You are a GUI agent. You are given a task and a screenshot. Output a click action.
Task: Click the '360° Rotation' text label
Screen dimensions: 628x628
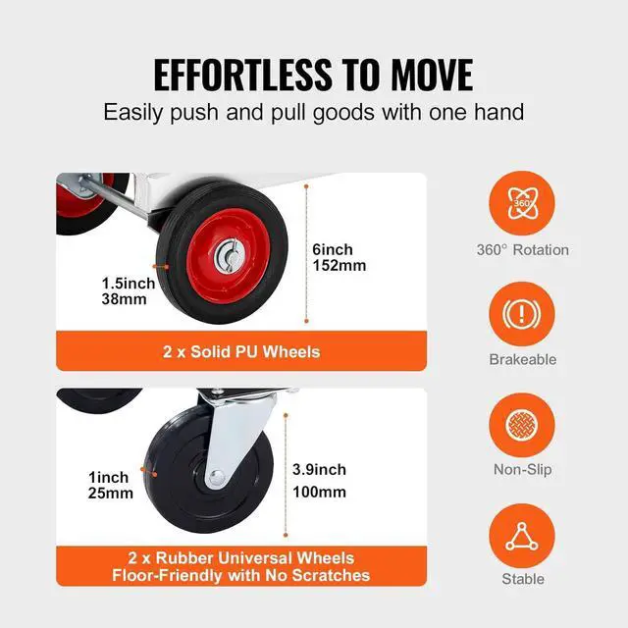[522, 249]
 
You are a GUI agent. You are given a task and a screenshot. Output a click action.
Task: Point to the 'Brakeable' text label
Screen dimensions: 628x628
[522, 359]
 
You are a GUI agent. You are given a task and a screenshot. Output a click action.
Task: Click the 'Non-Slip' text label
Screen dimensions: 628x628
[522, 469]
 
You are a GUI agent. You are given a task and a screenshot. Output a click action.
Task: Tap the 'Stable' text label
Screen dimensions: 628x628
[522, 579]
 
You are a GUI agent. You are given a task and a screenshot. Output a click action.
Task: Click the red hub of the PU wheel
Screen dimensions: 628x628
[228, 260]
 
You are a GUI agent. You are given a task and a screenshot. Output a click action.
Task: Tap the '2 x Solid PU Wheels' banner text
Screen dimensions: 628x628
[241, 351]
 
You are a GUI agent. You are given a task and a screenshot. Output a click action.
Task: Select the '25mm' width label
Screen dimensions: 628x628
[110, 493]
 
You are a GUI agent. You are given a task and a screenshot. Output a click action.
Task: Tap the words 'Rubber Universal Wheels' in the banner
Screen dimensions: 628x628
[253, 557]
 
